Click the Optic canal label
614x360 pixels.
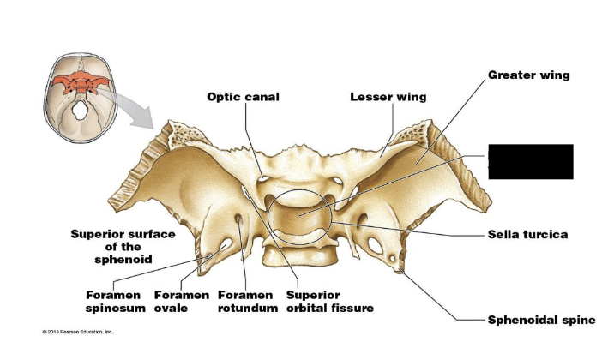pos(243,97)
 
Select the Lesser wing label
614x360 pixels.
pos(388,97)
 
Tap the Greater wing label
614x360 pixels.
pos(528,75)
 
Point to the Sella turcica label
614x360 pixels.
pos(527,234)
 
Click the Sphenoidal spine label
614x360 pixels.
pos(540,320)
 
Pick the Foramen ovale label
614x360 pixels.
pos(180,301)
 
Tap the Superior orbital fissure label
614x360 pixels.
pos(329,301)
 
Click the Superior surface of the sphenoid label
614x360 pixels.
pos(124,246)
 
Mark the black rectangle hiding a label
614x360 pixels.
pos(530,162)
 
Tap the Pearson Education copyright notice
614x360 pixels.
pos(77,331)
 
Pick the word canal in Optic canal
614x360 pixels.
pos(262,97)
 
